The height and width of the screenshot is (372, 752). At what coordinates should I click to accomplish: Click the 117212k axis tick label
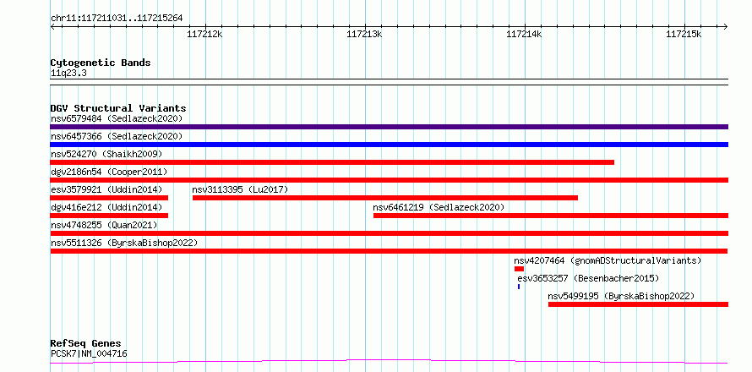204,34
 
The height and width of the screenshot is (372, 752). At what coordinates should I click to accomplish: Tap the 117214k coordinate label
524,34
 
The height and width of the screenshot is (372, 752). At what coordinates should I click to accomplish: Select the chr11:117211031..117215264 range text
117,19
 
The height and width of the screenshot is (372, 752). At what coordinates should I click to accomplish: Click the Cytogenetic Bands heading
101,63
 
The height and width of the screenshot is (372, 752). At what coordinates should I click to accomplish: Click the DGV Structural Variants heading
118,108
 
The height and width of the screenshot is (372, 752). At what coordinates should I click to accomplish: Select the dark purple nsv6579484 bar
389,127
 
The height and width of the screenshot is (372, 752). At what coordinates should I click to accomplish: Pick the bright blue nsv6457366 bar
389,145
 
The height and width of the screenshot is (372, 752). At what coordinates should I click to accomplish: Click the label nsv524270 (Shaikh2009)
106,154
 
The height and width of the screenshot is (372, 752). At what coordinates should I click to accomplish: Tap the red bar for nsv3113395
385,198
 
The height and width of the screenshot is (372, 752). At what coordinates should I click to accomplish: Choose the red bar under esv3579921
109,198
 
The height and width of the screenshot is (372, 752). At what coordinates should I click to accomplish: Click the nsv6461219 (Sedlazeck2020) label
439,207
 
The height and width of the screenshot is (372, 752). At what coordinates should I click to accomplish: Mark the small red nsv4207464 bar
519,269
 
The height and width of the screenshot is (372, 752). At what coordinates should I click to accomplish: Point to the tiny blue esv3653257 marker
519,287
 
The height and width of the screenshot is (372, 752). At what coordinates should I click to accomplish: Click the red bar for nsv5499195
638,304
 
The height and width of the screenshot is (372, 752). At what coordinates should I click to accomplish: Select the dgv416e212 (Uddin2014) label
106,207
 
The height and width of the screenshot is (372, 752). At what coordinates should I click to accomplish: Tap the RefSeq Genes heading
86,343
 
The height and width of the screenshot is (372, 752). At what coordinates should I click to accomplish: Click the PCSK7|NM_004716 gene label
89,353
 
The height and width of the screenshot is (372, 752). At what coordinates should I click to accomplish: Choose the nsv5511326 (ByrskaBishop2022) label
124,243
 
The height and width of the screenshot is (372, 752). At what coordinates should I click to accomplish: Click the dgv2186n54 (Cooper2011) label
109,172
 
